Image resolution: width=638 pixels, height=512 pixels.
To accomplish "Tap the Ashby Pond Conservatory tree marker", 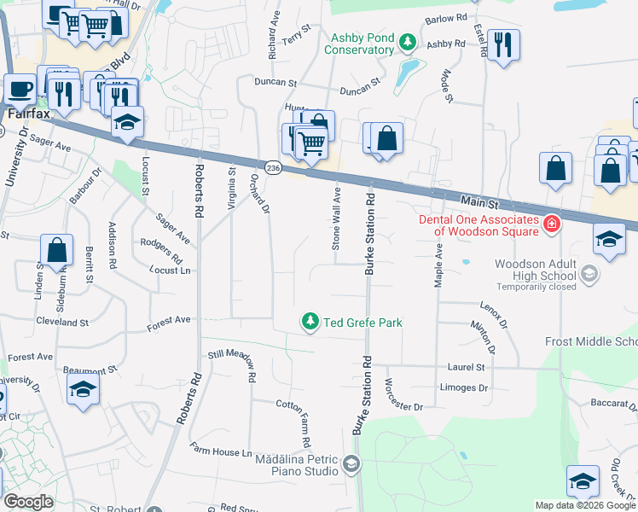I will click(408, 42).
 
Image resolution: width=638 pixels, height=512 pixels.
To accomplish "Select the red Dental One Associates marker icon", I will click(552, 224).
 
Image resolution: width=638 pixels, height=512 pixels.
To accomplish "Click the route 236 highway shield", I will click(272, 168).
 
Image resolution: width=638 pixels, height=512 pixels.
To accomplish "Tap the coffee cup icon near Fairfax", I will click(20, 88).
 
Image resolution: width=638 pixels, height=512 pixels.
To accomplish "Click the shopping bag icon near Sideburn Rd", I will click(56, 249).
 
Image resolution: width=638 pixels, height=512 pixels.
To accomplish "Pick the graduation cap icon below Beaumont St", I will click(83, 388).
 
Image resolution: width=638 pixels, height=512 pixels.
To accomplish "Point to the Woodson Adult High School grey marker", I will click(588, 274).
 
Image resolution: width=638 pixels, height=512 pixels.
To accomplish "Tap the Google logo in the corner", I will click(28, 501).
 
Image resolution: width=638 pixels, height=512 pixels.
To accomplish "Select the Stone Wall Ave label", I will click(336, 218).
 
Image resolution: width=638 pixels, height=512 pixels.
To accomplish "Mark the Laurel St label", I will click(466, 367).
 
